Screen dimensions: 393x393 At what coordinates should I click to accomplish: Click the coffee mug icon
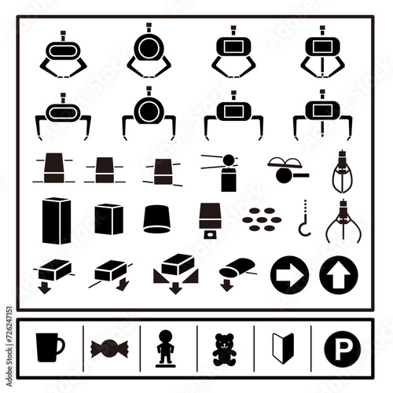[49, 347]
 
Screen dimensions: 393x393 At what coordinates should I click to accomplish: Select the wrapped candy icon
[109, 348]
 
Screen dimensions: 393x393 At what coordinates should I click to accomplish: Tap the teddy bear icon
[224, 350]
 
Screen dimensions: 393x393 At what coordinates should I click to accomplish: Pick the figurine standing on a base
[166, 348]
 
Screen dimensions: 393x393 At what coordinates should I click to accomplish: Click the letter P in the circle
[341, 349]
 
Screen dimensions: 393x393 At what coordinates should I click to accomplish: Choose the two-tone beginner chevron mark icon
[283, 348]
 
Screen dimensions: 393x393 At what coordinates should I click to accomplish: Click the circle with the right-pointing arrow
[289, 275]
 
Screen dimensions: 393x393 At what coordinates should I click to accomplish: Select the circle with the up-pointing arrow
[339, 275]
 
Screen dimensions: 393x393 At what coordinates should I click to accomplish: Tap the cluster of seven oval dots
[262, 219]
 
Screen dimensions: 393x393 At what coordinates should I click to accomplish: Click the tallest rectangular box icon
[57, 221]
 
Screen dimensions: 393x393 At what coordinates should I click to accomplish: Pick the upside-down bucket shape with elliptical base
[156, 219]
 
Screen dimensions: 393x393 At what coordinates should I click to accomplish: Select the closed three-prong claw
[343, 171]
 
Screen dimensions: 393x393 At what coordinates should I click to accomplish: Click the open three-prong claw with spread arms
[343, 221]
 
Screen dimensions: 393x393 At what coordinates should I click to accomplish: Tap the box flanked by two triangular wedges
[175, 273]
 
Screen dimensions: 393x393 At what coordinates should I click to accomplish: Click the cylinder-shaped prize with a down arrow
[237, 274]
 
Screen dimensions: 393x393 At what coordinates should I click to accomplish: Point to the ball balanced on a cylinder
[229, 173]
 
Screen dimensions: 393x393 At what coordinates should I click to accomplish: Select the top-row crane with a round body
[149, 50]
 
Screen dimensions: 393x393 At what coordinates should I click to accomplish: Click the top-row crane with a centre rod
[322, 52]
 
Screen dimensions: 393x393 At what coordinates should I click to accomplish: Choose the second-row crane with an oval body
[63, 116]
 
